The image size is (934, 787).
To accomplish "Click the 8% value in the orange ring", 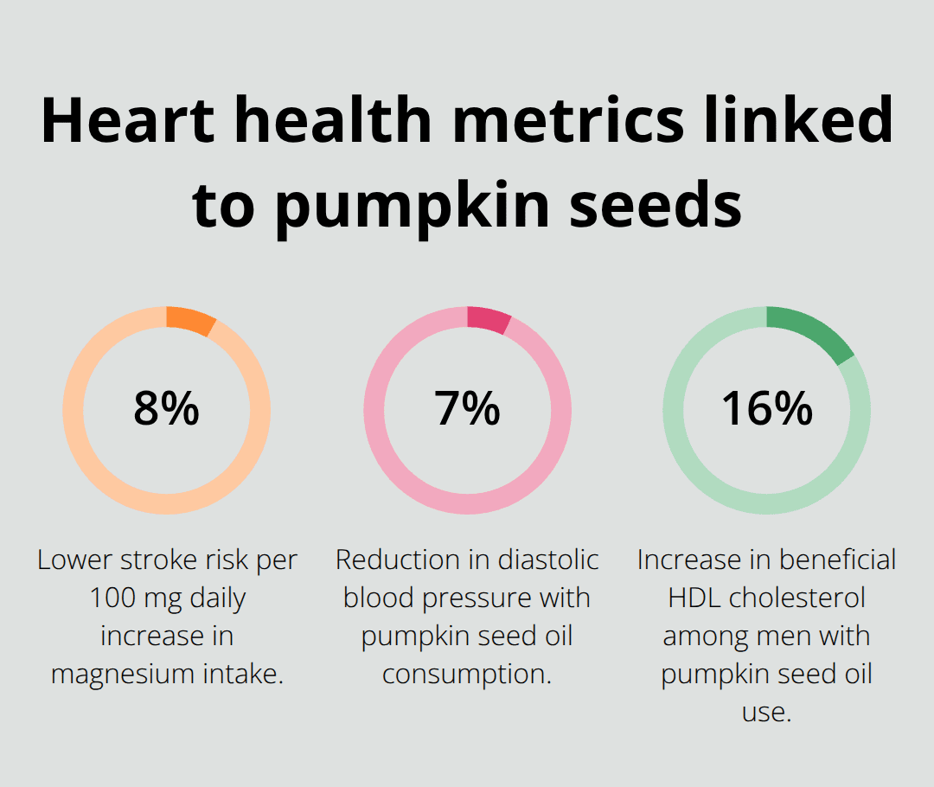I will (x=166, y=409).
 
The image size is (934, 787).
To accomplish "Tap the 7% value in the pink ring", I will (x=467, y=409).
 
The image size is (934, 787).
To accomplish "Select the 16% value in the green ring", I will (x=767, y=409).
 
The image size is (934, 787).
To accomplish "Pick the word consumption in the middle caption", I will (x=467, y=675).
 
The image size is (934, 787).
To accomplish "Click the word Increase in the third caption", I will (x=688, y=560).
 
